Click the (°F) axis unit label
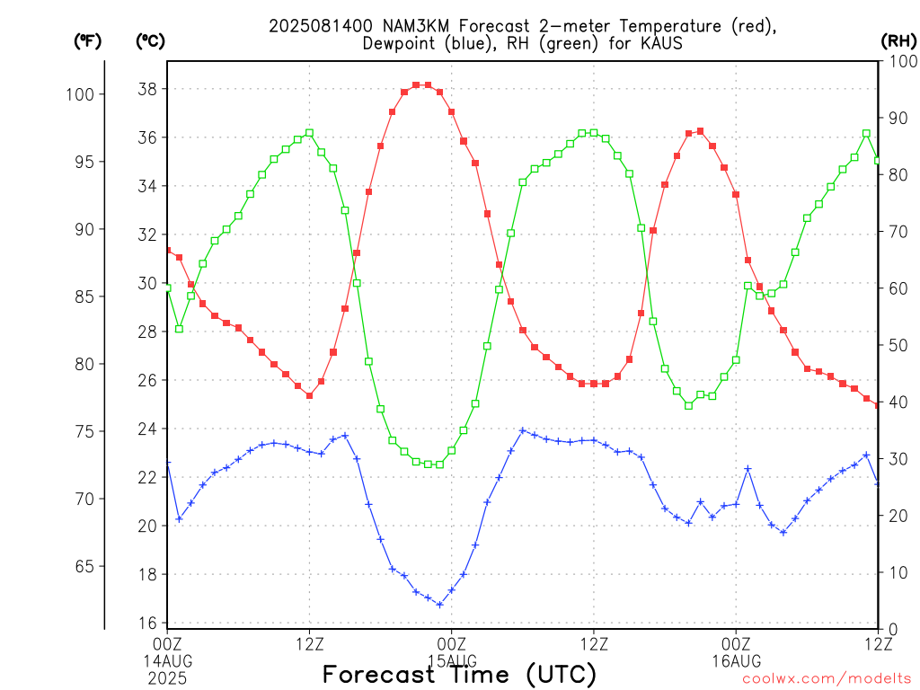(x=87, y=41)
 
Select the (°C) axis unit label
(x=150, y=41)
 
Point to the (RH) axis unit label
(x=898, y=41)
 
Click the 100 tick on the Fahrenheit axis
(x=80, y=94)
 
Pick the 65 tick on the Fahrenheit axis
(x=84, y=567)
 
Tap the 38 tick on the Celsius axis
(x=147, y=89)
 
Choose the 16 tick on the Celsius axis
(x=147, y=624)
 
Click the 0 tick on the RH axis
(x=892, y=630)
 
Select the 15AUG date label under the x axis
(x=453, y=660)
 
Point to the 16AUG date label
(x=737, y=661)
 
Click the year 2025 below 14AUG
(x=167, y=679)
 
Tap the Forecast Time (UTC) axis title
(x=459, y=675)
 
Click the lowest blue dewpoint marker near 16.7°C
(x=440, y=605)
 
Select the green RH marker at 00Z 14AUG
(x=168, y=288)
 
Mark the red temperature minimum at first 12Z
(x=310, y=395)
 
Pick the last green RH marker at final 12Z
(x=877, y=160)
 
